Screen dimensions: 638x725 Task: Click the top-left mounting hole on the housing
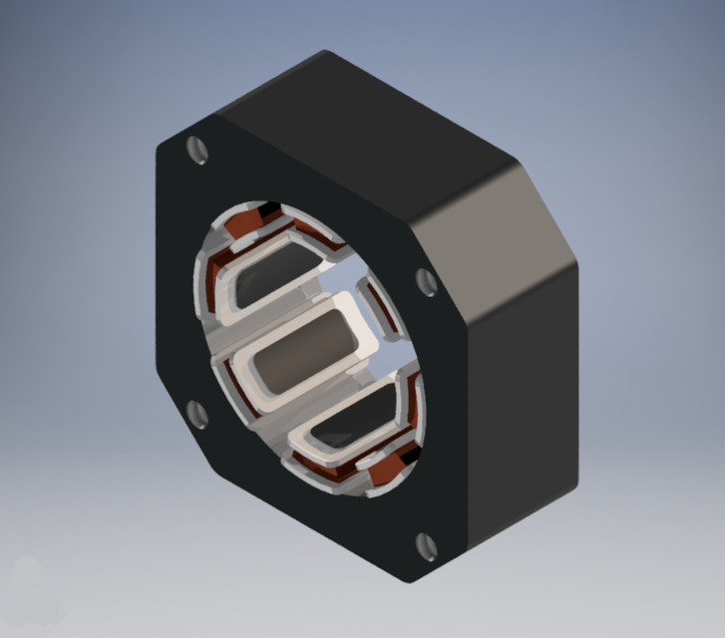pos(198,151)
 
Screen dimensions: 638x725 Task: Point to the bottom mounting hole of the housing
pos(426,545)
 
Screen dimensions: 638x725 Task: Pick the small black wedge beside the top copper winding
pos(267,210)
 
